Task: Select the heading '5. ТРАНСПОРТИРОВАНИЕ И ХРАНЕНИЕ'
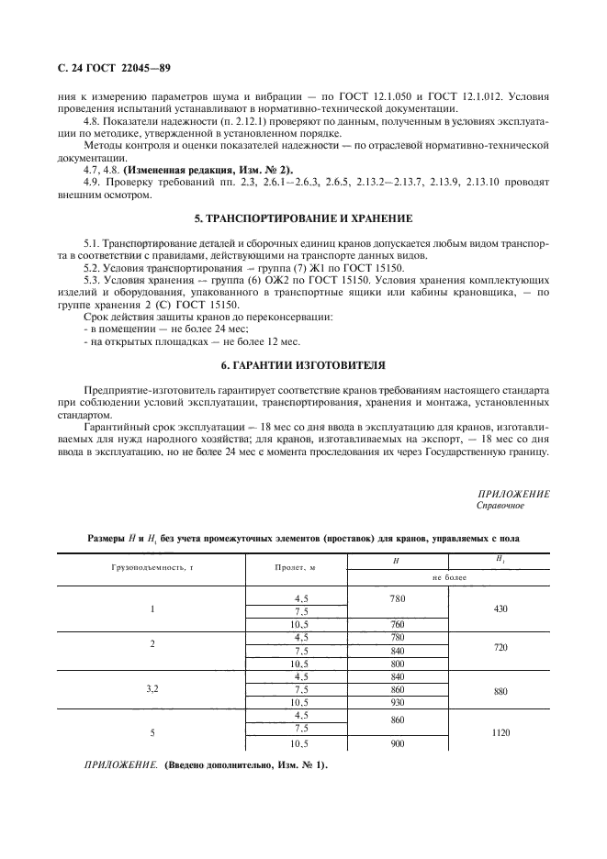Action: coord(303,218)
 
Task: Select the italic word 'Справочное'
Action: coord(500,505)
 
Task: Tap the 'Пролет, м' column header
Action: coord(295,568)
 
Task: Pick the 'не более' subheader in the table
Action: coord(450,578)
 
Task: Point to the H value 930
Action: coord(397,702)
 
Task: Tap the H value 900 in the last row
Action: coord(397,743)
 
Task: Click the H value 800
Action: coord(397,664)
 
